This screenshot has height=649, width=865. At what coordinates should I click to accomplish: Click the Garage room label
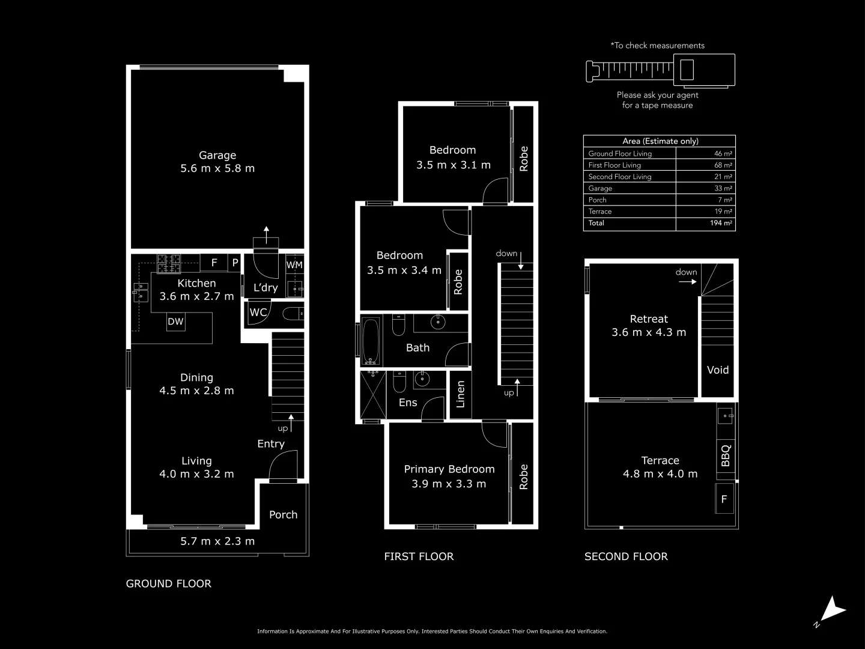[x=217, y=155]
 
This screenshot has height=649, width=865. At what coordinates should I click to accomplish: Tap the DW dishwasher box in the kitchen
[x=175, y=321]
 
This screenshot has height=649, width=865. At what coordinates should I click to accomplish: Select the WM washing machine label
[x=294, y=265]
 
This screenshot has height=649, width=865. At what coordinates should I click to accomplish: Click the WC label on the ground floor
[x=258, y=312]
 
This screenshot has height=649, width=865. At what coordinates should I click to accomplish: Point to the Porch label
[x=283, y=514]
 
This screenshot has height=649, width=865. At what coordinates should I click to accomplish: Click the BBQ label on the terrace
[x=725, y=455]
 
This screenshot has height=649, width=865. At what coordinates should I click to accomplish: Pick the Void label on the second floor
[x=717, y=370]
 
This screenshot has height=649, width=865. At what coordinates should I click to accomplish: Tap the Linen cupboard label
[x=461, y=394]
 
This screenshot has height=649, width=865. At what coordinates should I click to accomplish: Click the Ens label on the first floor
[x=408, y=403]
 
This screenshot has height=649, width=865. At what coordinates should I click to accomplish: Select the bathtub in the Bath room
[x=371, y=341]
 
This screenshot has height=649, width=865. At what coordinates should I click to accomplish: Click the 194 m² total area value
[x=720, y=223]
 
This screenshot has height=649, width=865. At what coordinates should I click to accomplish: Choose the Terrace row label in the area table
[x=600, y=212]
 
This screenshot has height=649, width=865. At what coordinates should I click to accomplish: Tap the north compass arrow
[x=832, y=610]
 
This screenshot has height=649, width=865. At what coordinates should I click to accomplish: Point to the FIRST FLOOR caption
[x=419, y=556]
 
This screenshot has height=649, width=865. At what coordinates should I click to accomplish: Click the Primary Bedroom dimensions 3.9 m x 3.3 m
[x=449, y=484]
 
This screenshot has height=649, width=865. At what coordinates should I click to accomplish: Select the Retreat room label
[x=649, y=319]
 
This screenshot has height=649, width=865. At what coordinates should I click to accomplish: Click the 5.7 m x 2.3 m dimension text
[x=217, y=541]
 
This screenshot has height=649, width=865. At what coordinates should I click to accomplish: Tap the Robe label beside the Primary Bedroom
[x=523, y=477]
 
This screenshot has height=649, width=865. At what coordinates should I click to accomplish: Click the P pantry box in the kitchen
[x=235, y=263]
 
